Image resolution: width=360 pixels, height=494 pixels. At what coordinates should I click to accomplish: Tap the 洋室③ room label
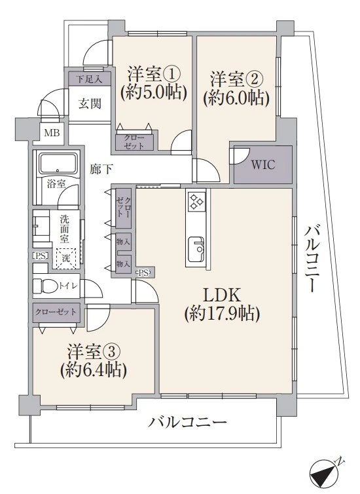click(91, 350)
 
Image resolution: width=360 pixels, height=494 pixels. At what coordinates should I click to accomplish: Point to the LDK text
click(222, 294)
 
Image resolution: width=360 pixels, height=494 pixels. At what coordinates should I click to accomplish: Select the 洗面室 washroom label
click(64, 226)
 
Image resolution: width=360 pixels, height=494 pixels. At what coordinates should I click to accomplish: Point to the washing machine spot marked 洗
click(65, 258)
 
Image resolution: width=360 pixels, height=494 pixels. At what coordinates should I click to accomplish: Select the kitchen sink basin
click(196, 248)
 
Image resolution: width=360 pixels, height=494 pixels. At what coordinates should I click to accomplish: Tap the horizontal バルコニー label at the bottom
click(187, 423)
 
